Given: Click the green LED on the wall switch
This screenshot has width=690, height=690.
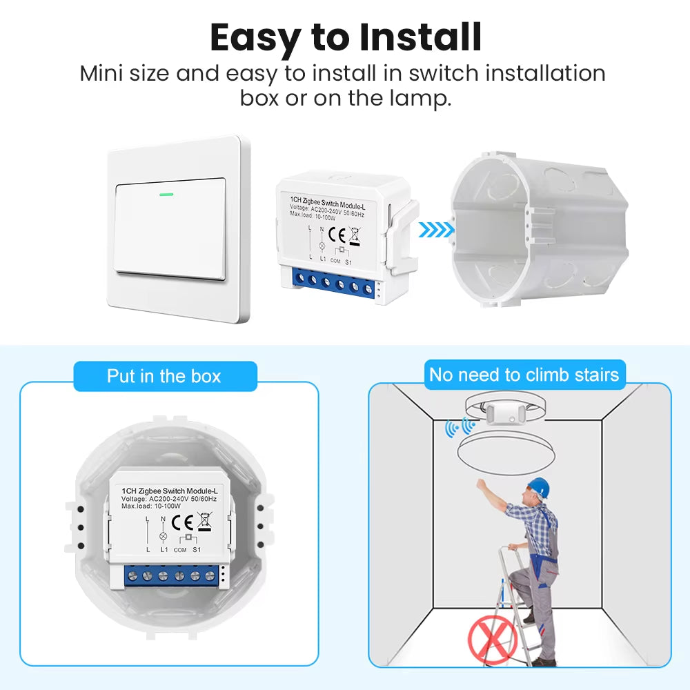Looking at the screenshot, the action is coord(166,194).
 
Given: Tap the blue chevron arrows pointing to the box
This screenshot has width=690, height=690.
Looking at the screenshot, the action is coord(436,229).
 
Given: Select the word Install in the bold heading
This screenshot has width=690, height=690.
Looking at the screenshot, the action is coord(420,37).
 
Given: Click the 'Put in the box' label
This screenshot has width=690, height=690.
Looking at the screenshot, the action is coord(165,376).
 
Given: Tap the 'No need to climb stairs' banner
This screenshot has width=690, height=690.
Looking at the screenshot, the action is coord(524,375).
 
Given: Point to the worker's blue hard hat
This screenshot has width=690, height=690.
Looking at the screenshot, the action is coord(539,486).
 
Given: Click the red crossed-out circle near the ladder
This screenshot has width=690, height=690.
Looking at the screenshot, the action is coord(493,640).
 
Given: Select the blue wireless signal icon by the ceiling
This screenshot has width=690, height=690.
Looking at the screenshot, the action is coord(460,427).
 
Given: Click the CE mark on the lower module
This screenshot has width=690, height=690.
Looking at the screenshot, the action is coord(182,522).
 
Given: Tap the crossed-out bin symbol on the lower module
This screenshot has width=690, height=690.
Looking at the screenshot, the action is coord(205,522).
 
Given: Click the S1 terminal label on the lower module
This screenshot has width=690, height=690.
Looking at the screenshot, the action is coord(197,550).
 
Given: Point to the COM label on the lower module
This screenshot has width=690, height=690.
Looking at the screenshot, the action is coord(180,550).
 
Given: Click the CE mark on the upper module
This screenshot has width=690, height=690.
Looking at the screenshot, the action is coord(337,235).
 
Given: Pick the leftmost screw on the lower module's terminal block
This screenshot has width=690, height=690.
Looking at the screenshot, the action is coord(132,576).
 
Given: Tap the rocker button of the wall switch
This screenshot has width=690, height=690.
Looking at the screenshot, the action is coord(170,229).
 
